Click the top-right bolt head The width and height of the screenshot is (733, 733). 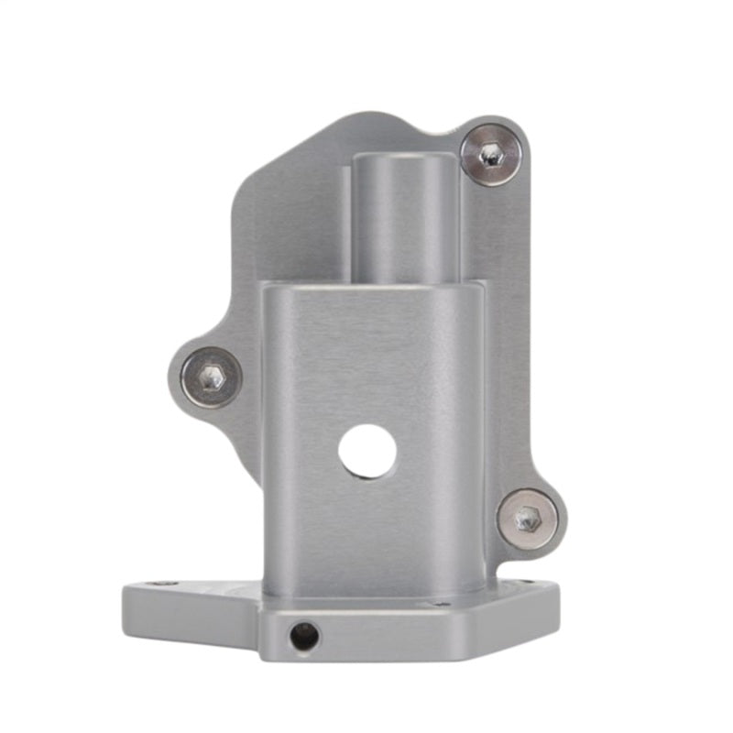click(x=491, y=155)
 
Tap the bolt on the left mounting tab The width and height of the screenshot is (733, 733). click(x=212, y=377)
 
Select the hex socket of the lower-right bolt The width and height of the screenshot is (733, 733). click(x=527, y=520)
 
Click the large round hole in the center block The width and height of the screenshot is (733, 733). click(x=367, y=452)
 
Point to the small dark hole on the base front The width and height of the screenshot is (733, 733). click(x=302, y=634)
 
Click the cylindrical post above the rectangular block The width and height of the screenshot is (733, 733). click(x=405, y=220)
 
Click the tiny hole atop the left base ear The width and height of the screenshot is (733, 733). click(x=165, y=583)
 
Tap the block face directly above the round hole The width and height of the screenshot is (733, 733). click(x=367, y=366)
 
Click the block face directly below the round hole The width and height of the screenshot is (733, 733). click(x=367, y=531)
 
